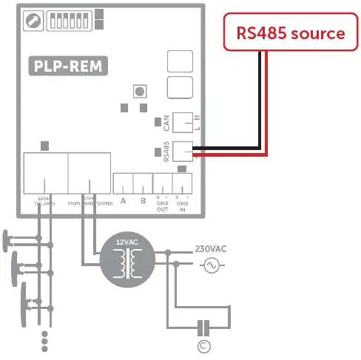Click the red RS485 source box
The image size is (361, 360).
click(x=290, y=33)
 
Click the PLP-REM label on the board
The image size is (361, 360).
click(x=67, y=67)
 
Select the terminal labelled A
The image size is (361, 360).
click(x=123, y=200)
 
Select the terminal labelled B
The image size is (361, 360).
click(x=142, y=200)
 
